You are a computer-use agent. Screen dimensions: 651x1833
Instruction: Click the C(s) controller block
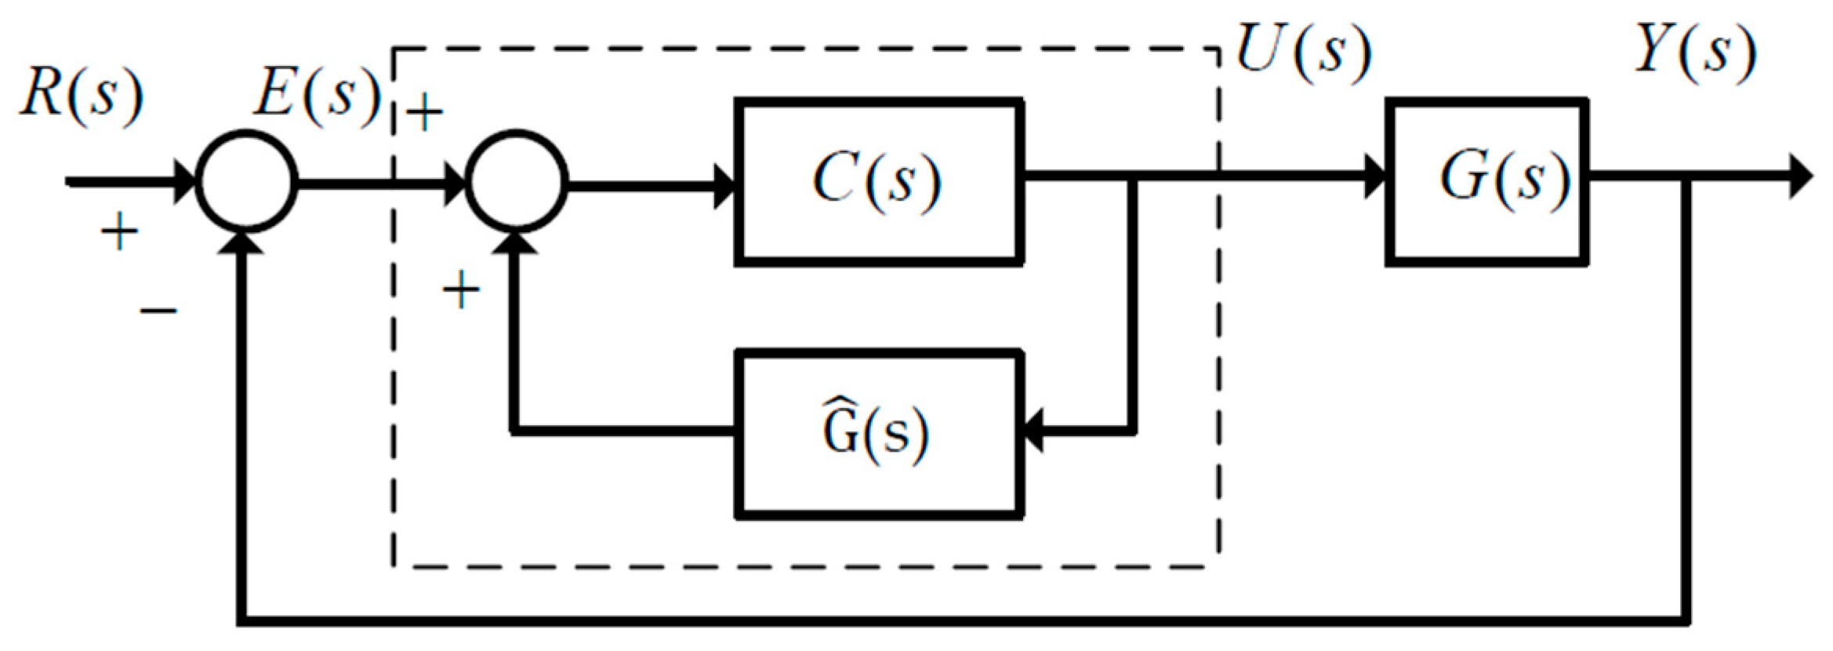coord(878,182)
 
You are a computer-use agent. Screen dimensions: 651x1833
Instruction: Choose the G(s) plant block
coord(1487,182)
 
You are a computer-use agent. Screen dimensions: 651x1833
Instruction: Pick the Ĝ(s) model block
coord(878,434)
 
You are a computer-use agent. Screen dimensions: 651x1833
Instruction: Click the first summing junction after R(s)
coord(246,182)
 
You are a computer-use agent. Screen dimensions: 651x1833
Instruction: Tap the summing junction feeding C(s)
coord(516,182)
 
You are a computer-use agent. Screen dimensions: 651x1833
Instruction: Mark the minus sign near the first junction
coord(158,311)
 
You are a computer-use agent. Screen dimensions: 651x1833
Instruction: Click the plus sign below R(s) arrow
coord(119,232)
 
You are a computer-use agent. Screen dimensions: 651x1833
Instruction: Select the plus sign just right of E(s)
coord(425,113)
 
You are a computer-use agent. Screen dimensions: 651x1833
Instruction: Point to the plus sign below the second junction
coord(461,292)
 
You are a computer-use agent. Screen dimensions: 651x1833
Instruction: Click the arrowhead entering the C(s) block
coord(724,186)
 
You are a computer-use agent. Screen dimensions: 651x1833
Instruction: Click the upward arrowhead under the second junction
coord(515,243)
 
